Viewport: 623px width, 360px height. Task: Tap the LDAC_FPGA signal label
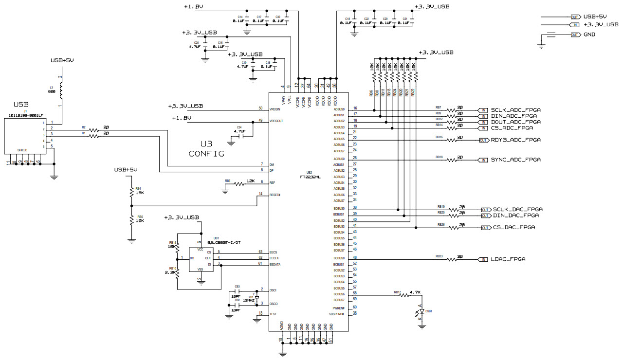pos(508,259)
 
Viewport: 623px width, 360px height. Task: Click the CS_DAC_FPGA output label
pos(514,228)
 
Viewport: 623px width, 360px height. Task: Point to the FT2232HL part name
pos(310,178)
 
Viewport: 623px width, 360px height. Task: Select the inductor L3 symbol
pos(61,90)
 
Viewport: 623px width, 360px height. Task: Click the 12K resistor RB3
pos(240,184)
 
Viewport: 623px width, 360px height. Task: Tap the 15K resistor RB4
pos(131,193)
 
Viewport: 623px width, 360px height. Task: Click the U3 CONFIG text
pos(206,149)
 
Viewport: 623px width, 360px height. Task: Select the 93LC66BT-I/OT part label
pos(223,242)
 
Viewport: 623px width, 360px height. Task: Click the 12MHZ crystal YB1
pos(249,297)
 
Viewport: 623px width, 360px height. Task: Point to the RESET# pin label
pos(275,195)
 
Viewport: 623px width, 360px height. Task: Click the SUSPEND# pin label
pos(337,314)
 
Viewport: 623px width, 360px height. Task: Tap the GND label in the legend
pos(589,35)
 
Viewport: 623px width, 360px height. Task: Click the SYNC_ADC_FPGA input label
pos(516,160)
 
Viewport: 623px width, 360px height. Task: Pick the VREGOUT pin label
pos(277,121)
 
